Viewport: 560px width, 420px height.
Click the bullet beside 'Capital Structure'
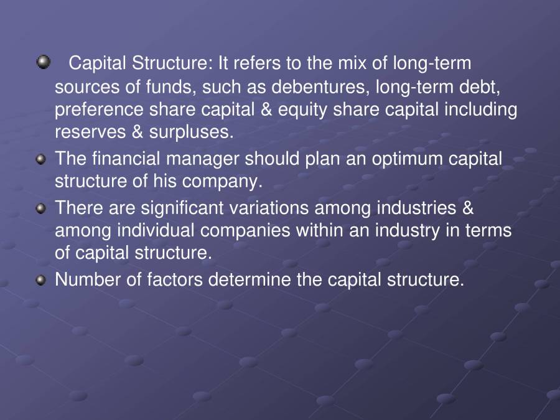coord(44,62)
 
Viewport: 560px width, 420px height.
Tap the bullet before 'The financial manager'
coord(41,159)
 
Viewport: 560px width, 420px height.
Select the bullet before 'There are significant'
coord(41,208)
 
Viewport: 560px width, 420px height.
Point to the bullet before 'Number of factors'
coord(41,281)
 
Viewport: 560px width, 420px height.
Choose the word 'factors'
coord(175,280)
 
